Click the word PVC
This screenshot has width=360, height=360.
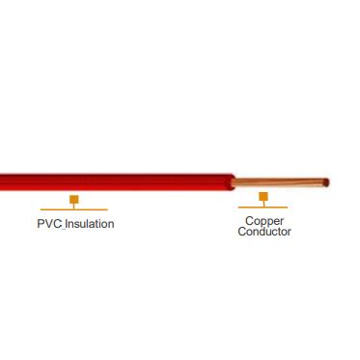pyautogui.click(x=46, y=224)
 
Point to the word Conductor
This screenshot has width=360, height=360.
pyautogui.click(x=263, y=232)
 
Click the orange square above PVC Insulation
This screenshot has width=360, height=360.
pyautogui.click(x=73, y=200)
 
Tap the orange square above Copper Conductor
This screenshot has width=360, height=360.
pyautogui.click(x=263, y=198)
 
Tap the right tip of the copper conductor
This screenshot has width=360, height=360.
pyautogui.click(x=328, y=180)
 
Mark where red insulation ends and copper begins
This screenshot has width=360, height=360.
pyautogui.click(x=235, y=180)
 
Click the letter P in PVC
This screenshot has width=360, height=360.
pyautogui.click(x=39, y=224)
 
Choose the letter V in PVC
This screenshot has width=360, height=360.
pyautogui.click(x=46, y=224)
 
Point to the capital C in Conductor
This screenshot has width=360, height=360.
pyautogui.click(x=241, y=232)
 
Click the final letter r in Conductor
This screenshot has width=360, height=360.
pyautogui.click(x=289, y=233)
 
